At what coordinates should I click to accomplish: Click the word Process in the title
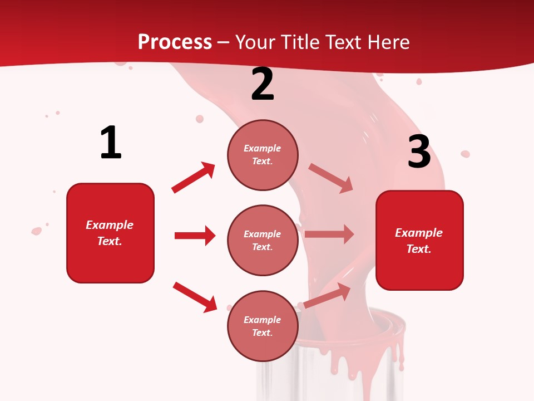click(175, 42)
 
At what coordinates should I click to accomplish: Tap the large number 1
click(111, 143)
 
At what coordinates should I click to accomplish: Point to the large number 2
click(263, 84)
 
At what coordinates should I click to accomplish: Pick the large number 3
click(419, 151)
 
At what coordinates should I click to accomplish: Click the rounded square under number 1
click(110, 233)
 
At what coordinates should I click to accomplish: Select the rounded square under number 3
click(419, 240)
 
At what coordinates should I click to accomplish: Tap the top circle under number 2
click(263, 155)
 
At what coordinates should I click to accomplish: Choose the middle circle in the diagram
click(263, 240)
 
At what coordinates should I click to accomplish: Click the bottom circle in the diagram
click(263, 326)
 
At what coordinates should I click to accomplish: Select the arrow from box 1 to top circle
click(194, 178)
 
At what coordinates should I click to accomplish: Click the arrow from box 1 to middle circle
click(195, 236)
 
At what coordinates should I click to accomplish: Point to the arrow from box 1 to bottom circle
click(195, 296)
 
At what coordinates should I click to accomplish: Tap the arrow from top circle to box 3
click(331, 178)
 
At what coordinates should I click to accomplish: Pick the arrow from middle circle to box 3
click(329, 234)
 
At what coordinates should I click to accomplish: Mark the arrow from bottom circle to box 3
click(328, 296)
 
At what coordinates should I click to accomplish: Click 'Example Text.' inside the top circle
click(263, 155)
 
